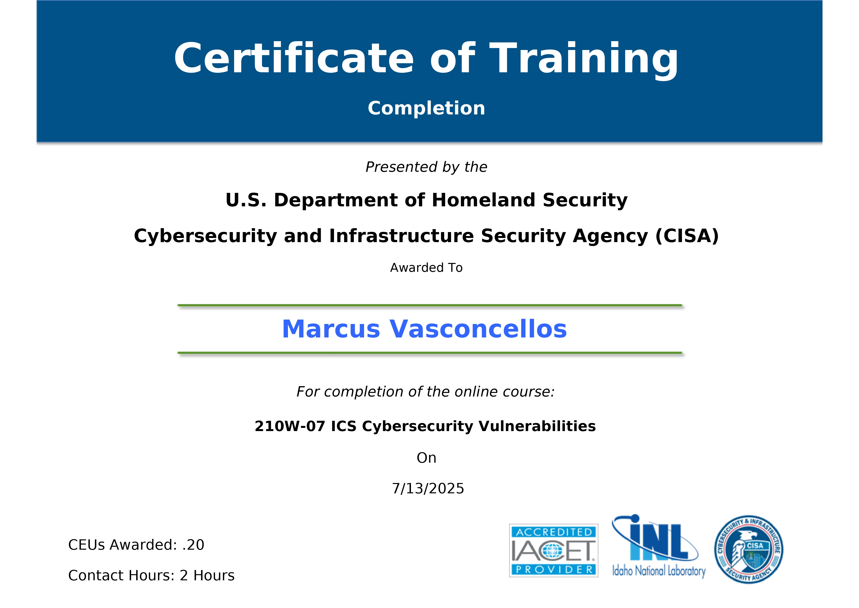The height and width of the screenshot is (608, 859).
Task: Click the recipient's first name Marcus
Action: [x=331, y=329]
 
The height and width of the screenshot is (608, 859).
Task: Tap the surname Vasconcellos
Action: [x=478, y=329]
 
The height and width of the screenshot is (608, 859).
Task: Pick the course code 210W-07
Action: [x=290, y=426]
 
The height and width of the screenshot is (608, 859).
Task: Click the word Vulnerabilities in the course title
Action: [x=537, y=426]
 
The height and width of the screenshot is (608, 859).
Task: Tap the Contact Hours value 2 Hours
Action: [x=207, y=575]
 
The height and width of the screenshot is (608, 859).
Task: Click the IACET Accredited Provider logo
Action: [x=554, y=551]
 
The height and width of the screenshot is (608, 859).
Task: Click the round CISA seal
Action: [x=749, y=550]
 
